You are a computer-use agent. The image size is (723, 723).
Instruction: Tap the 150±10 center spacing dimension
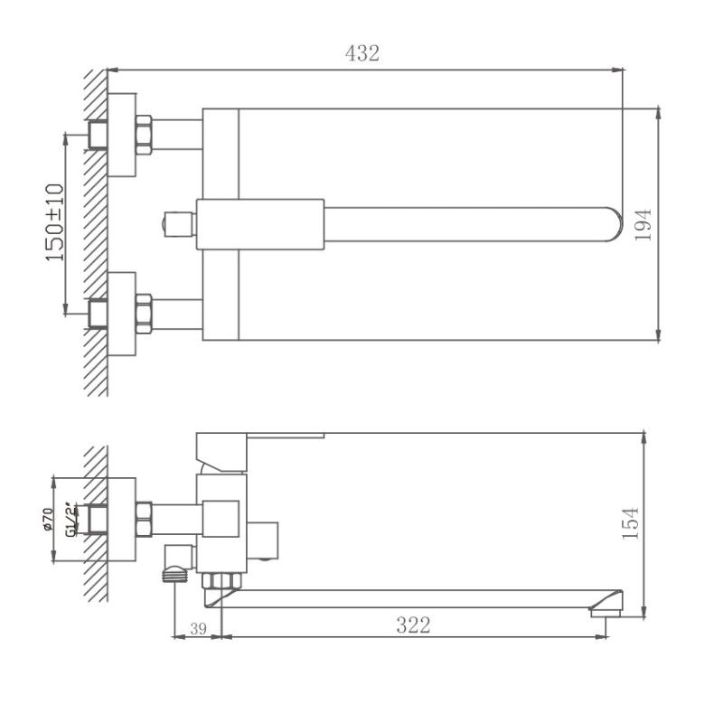pyautogui.click(x=53, y=222)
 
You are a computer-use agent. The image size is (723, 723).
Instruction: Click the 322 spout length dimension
pyautogui.click(x=413, y=624)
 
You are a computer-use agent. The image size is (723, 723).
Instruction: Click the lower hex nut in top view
pyautogui.click(x=143, y=312)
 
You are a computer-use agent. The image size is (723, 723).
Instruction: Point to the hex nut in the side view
pyautogui.click(x=143, y=520)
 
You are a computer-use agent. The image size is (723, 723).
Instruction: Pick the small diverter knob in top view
pyautogui.click(x=174, y=222)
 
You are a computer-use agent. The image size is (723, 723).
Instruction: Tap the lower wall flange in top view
pyautogui.click(x=122, y=313)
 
